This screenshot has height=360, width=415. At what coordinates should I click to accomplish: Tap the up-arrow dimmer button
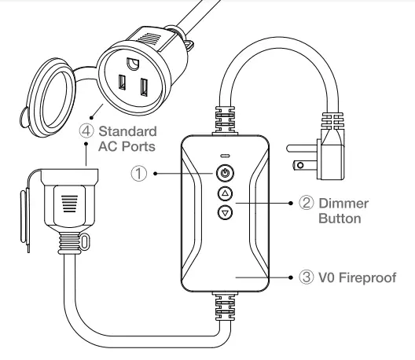click(225, 193)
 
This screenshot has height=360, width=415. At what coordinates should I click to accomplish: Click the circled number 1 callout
click(139, 173)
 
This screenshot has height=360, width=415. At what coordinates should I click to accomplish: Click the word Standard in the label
click(127, 130)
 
